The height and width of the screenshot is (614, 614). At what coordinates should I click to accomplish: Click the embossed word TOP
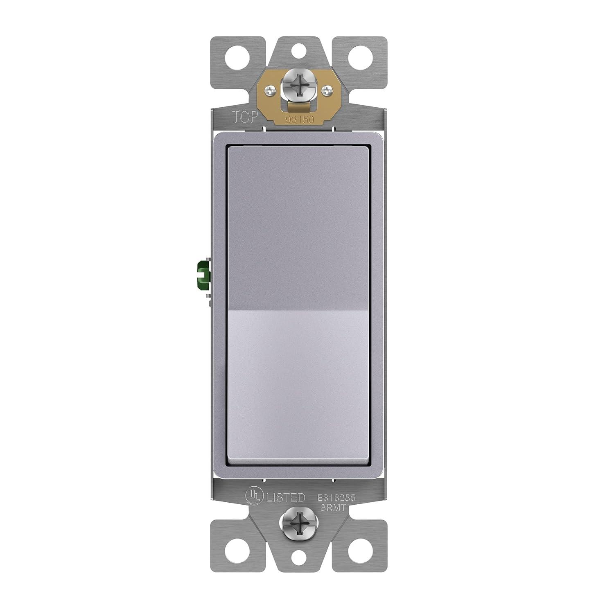(246, 117)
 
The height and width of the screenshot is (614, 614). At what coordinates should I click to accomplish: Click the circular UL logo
(253, 497)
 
